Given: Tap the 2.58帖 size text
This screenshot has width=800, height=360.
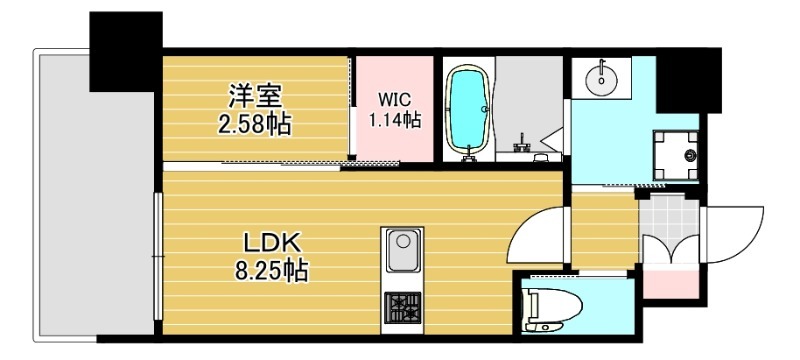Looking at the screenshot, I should (255, 125).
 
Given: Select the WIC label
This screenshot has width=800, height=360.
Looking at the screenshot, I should (392, 100).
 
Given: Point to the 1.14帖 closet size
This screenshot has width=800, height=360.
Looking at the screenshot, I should (393, 121).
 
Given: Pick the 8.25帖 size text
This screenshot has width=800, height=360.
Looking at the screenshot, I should (269, 270).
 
